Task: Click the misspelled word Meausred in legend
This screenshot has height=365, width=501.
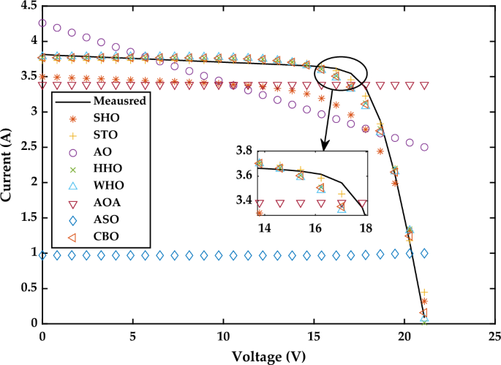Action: [x=116, y=101]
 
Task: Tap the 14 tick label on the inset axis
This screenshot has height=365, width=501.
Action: [x=264, y=227]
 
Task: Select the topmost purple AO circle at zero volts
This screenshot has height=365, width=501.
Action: [x=42, y=23]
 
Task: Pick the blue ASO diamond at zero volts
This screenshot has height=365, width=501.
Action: [x=42, y=255]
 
